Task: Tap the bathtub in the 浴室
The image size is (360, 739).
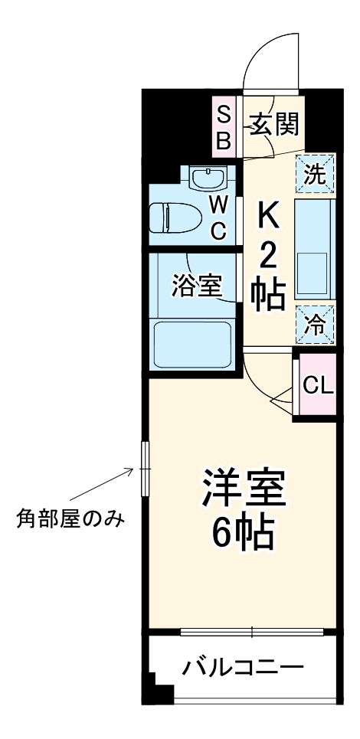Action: click(x=192, y=344)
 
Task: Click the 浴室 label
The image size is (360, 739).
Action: click(x=197, y=286)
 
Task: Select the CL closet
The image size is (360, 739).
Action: click(x=317, y=385)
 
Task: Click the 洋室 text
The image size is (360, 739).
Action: click(x=244, y=489)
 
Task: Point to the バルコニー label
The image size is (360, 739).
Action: click(x=243, y=668)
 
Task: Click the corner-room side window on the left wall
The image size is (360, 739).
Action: click(x=146, y=468)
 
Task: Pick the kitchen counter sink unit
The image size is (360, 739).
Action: click(x=315, y=249)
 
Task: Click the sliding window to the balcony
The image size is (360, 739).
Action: click(x=253, y=633)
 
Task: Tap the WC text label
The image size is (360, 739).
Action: click(x=218, y=217)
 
